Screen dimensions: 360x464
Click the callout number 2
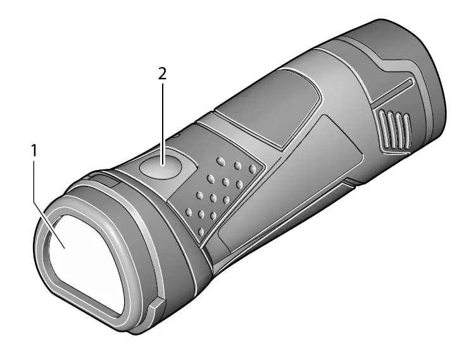(163, 73)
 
